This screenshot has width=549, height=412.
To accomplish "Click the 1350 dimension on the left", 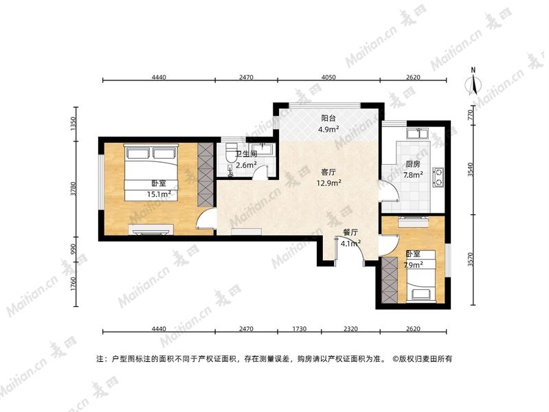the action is point(74,124).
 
